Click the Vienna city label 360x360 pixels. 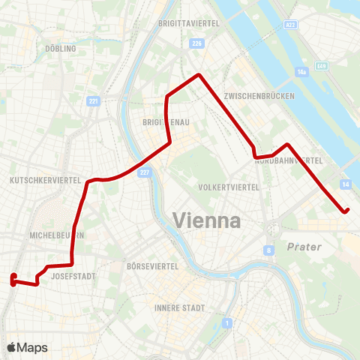(206, 220)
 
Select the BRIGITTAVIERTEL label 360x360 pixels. (188, 24)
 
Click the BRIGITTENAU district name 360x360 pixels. (163, 121)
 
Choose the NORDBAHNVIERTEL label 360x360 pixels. (289, 160)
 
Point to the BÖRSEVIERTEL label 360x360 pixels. (152, 266)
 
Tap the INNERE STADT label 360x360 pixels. (180, 308)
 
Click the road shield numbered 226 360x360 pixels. (197, 44)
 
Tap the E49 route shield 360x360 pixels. (322, 67)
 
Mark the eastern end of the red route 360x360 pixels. (346, 211)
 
